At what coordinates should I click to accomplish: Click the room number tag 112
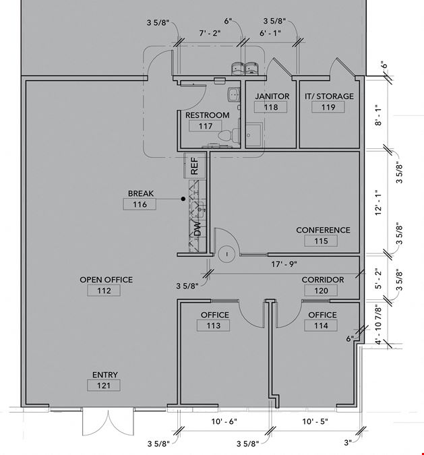pyautogui.click(x=104, y=291)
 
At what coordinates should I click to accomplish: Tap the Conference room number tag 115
pyautogui.click(x=321, y=241)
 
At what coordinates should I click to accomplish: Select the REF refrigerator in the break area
pyautogui.click(x=195, y=166)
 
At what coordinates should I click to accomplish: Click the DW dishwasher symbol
pyautogui.click(x=198, y=229)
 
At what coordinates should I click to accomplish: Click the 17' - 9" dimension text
pyautogui.click(x=284, y=264)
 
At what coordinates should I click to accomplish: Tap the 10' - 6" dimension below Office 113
pyautogui.click(x=224, y=421)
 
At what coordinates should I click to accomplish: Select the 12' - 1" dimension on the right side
pyautogui.click(x=378, y=202)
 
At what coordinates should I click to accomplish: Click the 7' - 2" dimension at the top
pyautogui.click(x=210, y=33)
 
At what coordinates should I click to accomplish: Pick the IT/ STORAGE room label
pyautogui.click(x=329, y=96)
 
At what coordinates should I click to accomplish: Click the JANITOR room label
pyautogui.click(x=272, y=96)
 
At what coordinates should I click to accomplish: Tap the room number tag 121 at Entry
pyautogui.click(x=104, y=386)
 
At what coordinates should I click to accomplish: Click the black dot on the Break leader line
pyautogui.click(x=183, y=199)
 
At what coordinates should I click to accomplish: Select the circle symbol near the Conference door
pyautogui.click(x=227, y=255)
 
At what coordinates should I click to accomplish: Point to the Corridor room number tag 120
pyautogui.click(x=321, y=291)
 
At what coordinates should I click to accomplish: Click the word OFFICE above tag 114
pyautogui.click(x=322, y=315)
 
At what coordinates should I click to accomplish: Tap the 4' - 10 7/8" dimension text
pyautogui.click(x=378, y=324)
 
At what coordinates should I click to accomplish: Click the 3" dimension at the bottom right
pyautogui.click(x=348, y=442)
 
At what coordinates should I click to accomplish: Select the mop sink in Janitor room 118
pyautogui.click(x=254, y=135)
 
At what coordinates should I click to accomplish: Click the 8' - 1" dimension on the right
pyautogui.click(x=378, y=115)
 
